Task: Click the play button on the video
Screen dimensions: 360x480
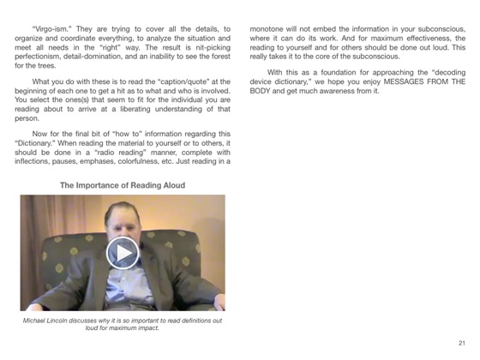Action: (x=123, y=252)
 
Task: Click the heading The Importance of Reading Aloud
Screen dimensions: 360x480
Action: (x=123, y=185)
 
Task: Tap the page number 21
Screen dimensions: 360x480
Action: (x=461, y=342)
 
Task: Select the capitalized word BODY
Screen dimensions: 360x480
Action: (x=261, y=96)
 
